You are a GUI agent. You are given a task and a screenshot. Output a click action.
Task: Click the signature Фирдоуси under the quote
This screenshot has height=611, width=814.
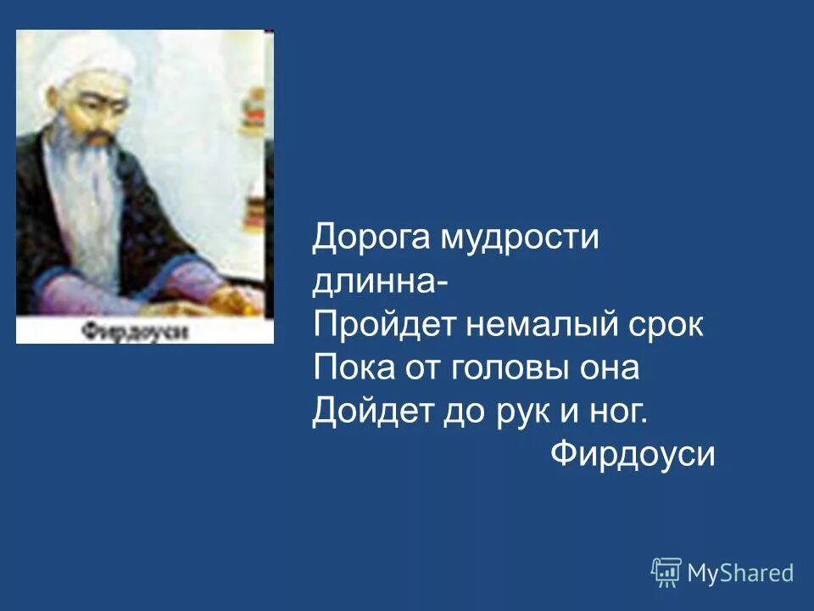pyautogui.click(x=633, y=455)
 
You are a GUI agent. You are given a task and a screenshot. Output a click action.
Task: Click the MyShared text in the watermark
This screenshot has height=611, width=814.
pyautogui.click(x=740, y=573)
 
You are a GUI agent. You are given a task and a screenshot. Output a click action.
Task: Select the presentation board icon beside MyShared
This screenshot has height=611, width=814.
pyautogui.click(x=666, y=573)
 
